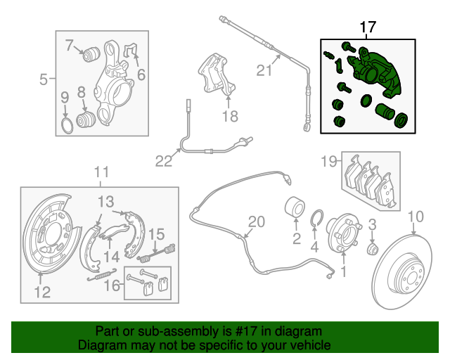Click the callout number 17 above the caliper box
(x=368, y=27)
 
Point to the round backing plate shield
(x=46, y=243)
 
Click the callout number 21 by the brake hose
(x=264, y=70)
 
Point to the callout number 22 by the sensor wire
(x=163, y=162)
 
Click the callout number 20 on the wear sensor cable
(x=256, y=222)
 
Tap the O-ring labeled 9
(x=64, y=127)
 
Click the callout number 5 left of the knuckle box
(x=44, y=79)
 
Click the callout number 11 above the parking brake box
(x=101, y=171)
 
